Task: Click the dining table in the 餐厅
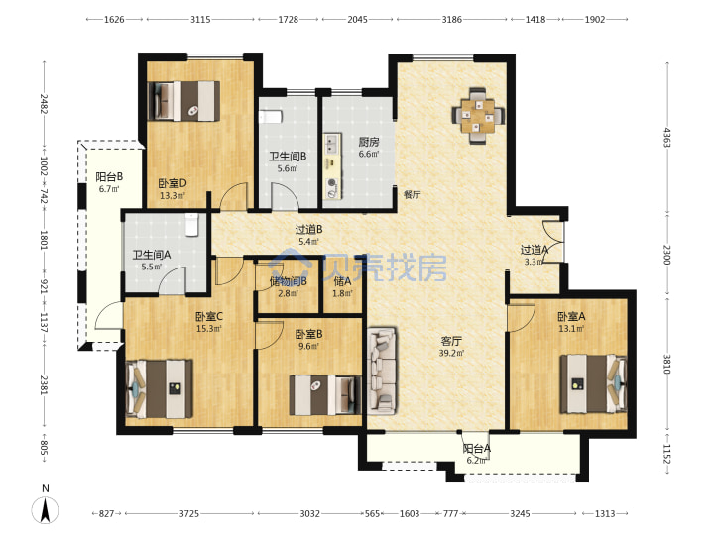(478, 116)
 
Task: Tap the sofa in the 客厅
(382, 371)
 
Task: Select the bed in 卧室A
(593, 384)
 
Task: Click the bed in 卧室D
(184, 101)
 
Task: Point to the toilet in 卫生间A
(191, 224)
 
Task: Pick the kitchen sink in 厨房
(332, 144)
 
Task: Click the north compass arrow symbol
(45, 509)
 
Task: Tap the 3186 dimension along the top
(452, 19)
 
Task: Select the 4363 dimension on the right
(667, 137)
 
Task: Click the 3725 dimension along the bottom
(189, 513)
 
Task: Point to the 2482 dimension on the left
(44, 104)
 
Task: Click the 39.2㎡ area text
(452, 353)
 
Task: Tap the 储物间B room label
(289, 281)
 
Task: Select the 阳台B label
(109, 176)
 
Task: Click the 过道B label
(308, 229)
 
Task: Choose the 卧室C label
(209, 316)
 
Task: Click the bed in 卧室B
(325, 394)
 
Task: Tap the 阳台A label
(477, 449)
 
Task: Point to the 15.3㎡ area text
(209, 329)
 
